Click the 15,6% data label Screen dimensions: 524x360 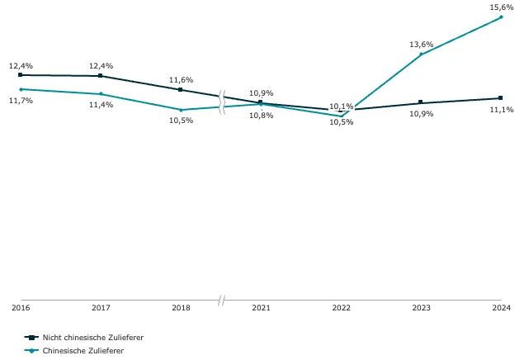pos(502,7)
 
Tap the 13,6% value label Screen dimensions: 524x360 pos(422,44)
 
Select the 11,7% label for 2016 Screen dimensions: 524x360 pos(21,100)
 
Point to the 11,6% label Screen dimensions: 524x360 pos(181,80)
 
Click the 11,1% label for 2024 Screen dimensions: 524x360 pos(502,109)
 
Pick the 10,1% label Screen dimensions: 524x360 pos(341,107)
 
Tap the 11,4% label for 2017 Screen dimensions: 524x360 pos(101,105)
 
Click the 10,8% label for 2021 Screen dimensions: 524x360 pos(262,116)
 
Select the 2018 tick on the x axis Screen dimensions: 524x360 pos(181,307)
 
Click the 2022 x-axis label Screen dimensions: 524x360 pos(341,307)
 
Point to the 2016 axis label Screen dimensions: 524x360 pos(21,307)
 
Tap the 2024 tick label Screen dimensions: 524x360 pos(501,307)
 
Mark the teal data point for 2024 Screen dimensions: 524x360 pos(501,17)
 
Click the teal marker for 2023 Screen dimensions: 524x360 pos(421,54)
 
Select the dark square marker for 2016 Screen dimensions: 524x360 pos(21,75)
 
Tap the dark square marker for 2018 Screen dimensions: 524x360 pos(181,89)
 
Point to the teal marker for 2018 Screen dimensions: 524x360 pos(181,110)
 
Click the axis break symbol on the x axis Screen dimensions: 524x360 pos(221,301)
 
